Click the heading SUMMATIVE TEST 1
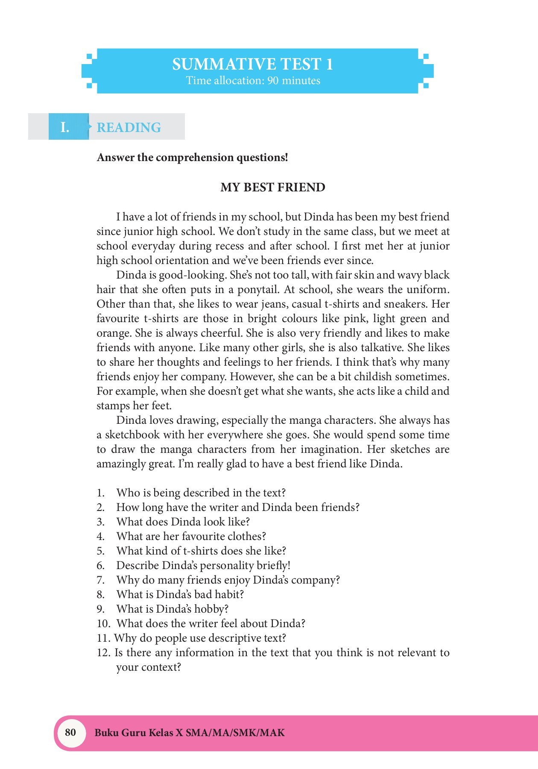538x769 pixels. [x=252, y=64]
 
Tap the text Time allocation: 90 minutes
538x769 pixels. [x=253, y=81]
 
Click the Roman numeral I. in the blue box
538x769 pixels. [x=65, y=127]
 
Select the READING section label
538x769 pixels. [x=129, y=127]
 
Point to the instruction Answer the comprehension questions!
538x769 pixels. [x=192, y=158]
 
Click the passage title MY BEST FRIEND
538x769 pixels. [x=273, y=187]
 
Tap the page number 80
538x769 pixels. [x=70, y=732]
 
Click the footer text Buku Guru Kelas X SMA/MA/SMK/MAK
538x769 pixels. [x=190, y=733]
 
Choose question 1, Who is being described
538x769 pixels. [x=201, y=493]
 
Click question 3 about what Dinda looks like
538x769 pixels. [x=183, y=522]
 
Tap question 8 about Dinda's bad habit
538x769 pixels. [x=180, y=595]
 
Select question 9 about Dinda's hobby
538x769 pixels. [x=172, y=609]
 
